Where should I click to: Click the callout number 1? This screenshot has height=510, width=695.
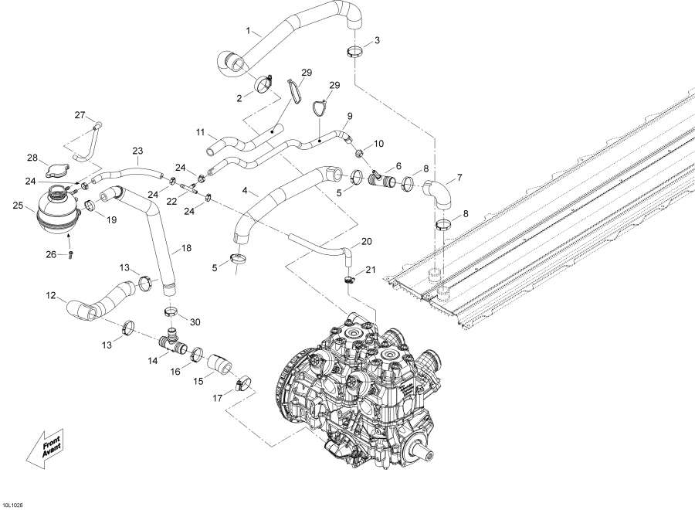click(249, 32)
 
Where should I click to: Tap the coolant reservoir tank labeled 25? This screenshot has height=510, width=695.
click(57, 209)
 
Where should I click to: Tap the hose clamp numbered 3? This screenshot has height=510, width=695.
click(355, 53)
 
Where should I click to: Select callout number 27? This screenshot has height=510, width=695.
click(80, 115)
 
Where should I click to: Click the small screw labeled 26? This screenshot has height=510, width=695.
click(70, 253)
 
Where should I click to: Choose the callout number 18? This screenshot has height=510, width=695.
click(186, 249)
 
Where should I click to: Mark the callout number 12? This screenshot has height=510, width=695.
click(51, 295)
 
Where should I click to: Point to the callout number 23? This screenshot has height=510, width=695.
click(137, 151)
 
